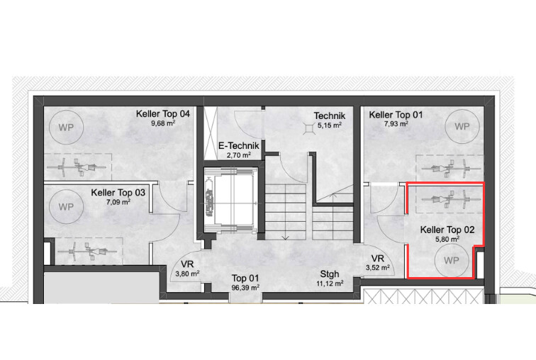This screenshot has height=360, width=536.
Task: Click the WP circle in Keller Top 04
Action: (67, 127)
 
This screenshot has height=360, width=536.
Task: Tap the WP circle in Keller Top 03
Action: (67, 206)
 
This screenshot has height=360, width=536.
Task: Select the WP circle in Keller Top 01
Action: (462, 126)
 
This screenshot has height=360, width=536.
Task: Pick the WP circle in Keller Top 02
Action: (451, 260)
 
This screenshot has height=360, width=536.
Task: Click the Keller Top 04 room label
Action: (163, 113)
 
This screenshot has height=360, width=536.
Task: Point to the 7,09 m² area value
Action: (118, 202)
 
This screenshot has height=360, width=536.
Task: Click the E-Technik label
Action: (239, 146)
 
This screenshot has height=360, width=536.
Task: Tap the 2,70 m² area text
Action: (239, 155)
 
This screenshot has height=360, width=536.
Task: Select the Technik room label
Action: (330, 116)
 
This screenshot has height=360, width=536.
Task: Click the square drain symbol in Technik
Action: (309, 128)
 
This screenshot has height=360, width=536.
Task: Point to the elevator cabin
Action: (230, 200)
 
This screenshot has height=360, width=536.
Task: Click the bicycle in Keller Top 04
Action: (77, 167)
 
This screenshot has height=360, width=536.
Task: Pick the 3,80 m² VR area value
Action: (187, 274)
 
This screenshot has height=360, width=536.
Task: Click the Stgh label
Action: (330, 274)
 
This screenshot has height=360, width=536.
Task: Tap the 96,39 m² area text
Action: (245, 288)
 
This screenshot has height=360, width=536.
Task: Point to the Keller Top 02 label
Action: (447, 230)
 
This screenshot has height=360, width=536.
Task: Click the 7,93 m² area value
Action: (396, 124)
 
